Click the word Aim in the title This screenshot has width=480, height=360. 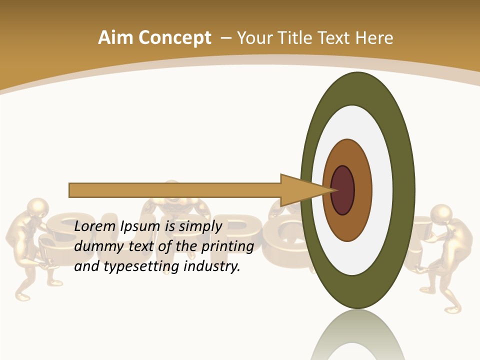(115, 38)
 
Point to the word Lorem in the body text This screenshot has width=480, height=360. (95, 226)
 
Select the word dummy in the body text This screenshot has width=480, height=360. (96, 246)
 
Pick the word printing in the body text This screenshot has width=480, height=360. (228, 247)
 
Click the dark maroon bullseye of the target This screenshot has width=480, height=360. (343, 190)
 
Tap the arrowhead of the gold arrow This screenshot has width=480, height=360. (305, 190)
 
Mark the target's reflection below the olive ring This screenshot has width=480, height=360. (357, 335)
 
